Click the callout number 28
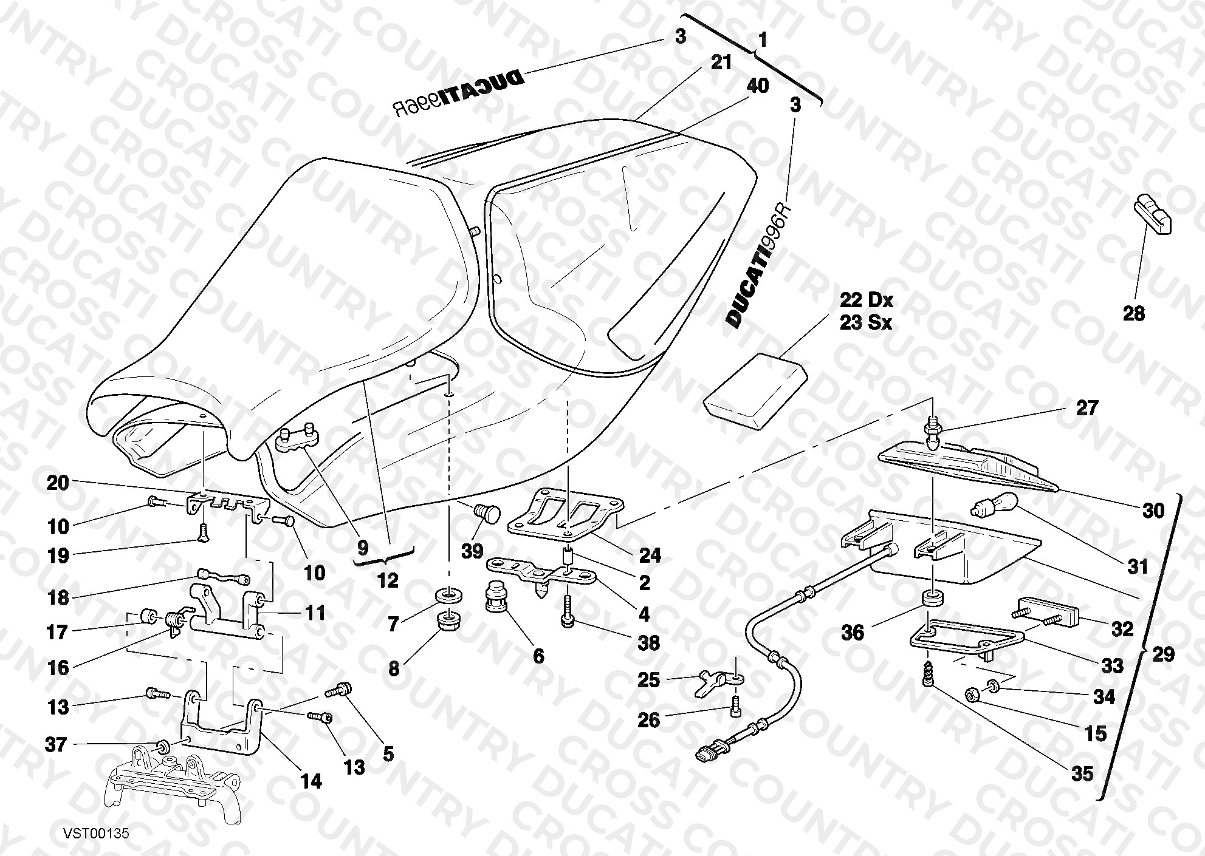tap(1133, 313)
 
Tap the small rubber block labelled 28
tap(1153, 213)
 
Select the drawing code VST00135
tap(95, 834)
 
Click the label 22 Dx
tap(867, 300)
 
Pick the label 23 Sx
tap(866, 322)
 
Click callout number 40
tap(758, 86)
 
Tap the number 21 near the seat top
tap(721, 62)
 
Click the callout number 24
tap(650, 555)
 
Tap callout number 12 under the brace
tap(388, 580)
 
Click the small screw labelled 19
tap(202, 531)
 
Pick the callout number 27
tap(1087, 408)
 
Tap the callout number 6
tap(538, 656)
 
